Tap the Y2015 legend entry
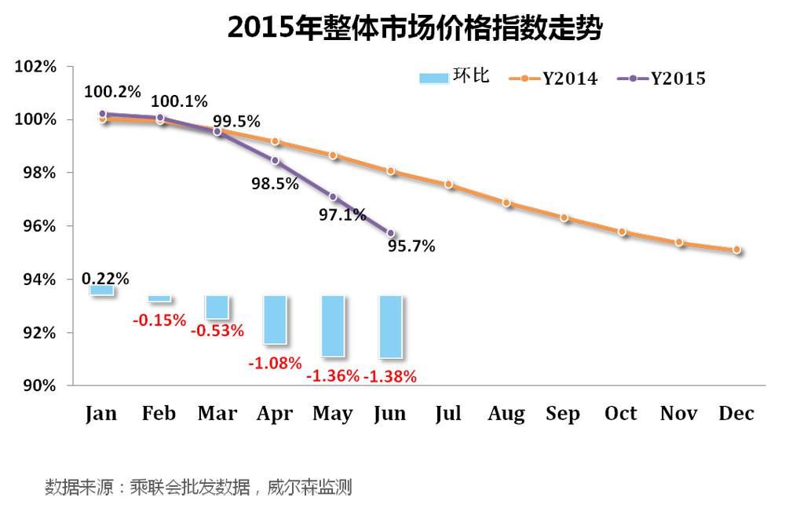(663, 79)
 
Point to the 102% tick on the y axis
(36, 67)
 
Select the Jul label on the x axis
(448, 414)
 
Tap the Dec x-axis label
(736, 414)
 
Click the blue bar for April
(275, 320)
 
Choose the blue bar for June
(391, 327)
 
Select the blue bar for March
(217, 308)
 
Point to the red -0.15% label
(159, 320)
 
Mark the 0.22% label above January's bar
(105, 278)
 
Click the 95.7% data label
(411, 247)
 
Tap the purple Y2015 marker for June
(391, 233)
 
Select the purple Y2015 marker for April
(275, 160)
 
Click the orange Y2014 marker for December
(736, 250)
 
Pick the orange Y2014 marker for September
(564, 218)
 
